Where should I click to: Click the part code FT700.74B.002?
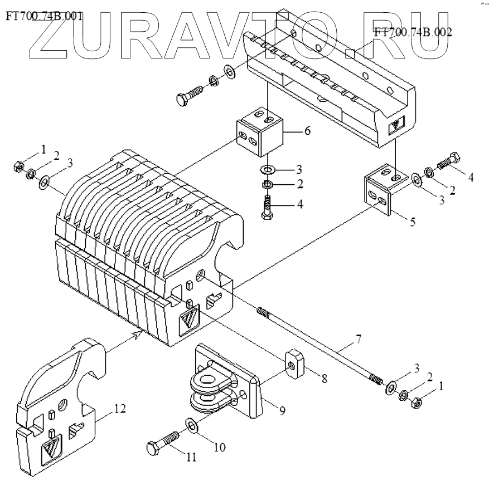pos(413,32)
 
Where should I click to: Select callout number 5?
pos(413,222)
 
